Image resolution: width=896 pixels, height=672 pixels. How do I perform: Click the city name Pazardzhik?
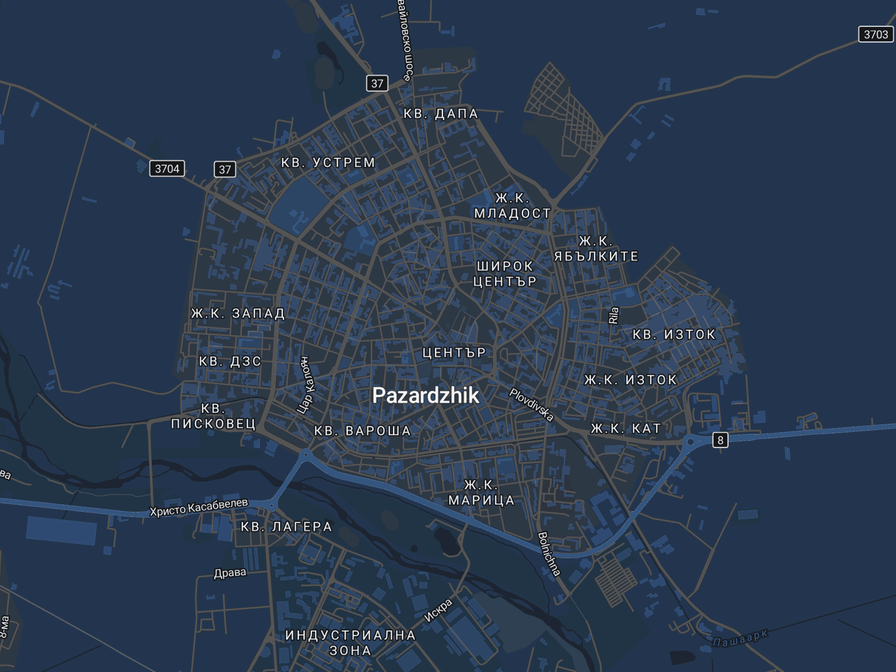click(x=426, y=395)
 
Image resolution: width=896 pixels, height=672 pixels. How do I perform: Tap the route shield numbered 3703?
click(x=876, y=34)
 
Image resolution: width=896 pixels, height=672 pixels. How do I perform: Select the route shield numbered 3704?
click(x=167, y=169)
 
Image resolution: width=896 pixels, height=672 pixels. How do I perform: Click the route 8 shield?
click(x=720, y=440)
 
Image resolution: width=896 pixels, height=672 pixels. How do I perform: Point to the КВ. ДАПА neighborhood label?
click(x=441, y=114)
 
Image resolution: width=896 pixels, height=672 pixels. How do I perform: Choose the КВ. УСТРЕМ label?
click(x=328, y=162)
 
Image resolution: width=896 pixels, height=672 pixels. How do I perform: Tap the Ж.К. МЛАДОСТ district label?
click(x=512, y=206)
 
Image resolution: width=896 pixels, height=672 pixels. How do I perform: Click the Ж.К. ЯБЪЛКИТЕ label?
click(x=596, y=249)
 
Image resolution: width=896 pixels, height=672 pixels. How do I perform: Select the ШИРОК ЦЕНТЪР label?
click(x=505, y=273)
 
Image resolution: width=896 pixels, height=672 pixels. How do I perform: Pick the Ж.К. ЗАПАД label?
click(x=238, y=313)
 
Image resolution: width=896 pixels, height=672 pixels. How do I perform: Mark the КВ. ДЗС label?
click(x=230, y=361)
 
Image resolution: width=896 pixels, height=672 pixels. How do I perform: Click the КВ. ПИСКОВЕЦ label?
click(x=213, y=416)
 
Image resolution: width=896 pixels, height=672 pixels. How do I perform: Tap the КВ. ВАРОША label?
click(x=363, y=431)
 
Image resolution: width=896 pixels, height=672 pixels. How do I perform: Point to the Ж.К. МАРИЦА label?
click(x=481, y=492)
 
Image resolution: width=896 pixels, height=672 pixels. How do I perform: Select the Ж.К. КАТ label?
click(x=626, y=428)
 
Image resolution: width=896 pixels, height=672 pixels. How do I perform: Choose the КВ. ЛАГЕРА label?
click(x=287, y=526)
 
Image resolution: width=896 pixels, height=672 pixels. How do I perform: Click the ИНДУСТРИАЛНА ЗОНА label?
click(x=351, y=642)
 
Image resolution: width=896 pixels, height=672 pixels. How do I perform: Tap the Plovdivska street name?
click(x=531, y=404)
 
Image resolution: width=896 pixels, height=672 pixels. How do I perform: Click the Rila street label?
click(x=614, y=315)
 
